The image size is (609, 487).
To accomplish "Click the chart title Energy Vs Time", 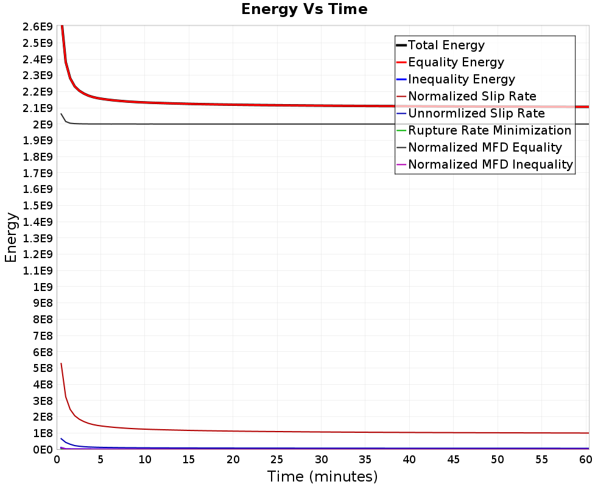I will coord(304,9).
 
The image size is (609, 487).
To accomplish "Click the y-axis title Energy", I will coord(10,237).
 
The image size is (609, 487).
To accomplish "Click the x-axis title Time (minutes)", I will coord(322,476).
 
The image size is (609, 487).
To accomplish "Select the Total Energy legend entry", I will coord(446,45).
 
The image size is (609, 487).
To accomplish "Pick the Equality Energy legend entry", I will coord(456,62).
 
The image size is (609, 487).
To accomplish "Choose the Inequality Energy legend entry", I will coord(461,79).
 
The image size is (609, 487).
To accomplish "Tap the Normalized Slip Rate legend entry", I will coord(472,96).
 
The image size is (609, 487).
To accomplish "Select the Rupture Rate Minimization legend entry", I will coord(490,130).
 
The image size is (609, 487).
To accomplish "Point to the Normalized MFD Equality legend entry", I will coord(485,147).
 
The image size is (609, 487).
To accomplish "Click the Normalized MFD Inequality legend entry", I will coord(490,164).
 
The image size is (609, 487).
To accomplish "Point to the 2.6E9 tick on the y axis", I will coord(38,27).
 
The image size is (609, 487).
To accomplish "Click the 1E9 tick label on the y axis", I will coord(43,287).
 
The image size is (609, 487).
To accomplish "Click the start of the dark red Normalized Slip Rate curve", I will coord(61,363).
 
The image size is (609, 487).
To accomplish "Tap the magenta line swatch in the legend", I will coord(401,164).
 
